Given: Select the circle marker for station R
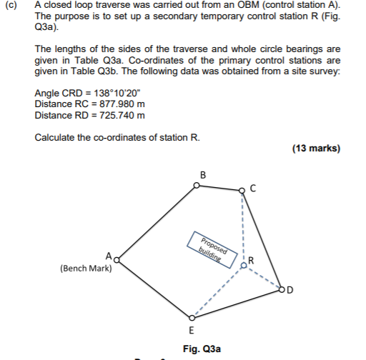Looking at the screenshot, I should (243, 265).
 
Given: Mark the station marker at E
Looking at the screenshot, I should (191, 317).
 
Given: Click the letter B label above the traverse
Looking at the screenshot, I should (202, 174).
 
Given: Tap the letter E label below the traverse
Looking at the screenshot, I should (191, 330).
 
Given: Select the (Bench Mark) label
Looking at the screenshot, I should (85, 269).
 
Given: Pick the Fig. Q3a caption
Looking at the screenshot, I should (202, 349).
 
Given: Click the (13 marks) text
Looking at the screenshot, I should (316, 149).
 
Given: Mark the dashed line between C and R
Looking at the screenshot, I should (242, 226).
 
